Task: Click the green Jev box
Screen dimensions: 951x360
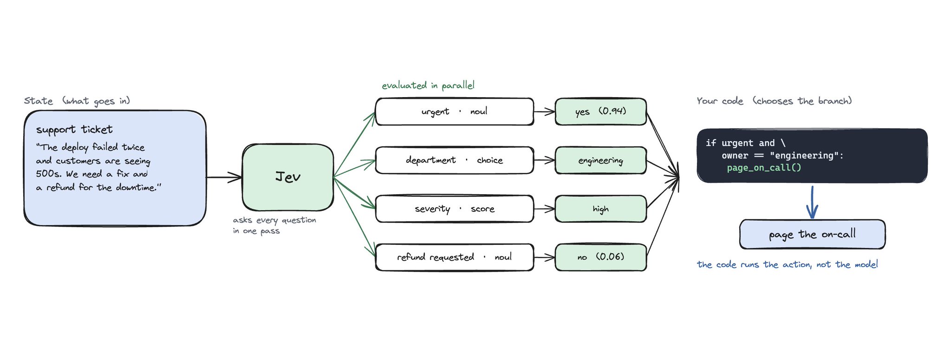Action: coord(288,177)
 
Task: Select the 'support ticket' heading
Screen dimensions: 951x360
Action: coord(74,130)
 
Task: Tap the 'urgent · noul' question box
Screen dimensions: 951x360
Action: coord(455,111)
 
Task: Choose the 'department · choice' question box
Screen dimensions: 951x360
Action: coord(455,160)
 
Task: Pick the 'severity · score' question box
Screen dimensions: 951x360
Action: coord(455,209)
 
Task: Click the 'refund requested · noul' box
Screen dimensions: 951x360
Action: coord(455,257)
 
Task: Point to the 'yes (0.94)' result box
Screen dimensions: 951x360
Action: coord(601,111)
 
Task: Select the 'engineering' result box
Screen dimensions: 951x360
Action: coord(601,160)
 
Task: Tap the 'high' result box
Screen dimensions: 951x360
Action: coord(601,209)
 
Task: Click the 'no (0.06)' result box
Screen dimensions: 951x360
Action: coord(601,257)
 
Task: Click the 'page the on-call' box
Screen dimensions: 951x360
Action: coord(812,234)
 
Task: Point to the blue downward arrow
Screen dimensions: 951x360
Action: coord(812,202)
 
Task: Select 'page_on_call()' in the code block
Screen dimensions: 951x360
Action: coord(764,168)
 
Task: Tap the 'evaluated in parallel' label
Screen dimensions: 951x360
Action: coord(428,85)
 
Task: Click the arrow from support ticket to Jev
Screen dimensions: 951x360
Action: coord(224,177)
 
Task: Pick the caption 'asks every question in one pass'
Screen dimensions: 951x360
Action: coord(274,225)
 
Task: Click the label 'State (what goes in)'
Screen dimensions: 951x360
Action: coord(77,101)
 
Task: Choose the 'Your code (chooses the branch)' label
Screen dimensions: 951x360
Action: coord(774,101)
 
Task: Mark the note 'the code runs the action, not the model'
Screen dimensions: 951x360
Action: coord(788,264)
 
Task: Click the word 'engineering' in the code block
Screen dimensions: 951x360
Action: coord(804,156)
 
